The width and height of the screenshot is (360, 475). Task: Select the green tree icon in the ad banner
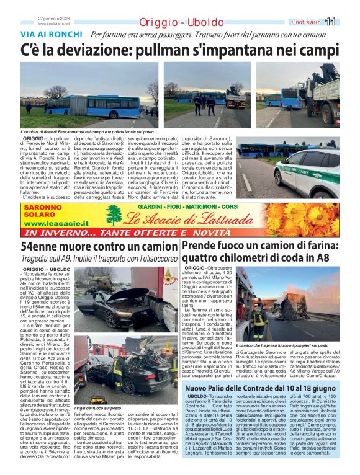[x=114, y=216]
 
